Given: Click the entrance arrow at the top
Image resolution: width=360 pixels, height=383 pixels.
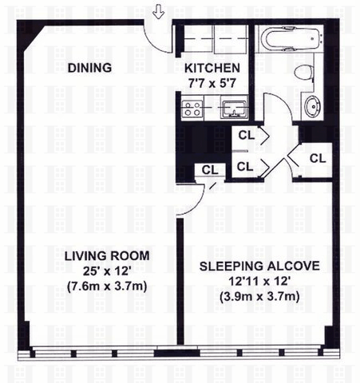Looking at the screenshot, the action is pos(159,13).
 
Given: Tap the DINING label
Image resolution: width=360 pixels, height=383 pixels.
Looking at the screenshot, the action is pos(89,68).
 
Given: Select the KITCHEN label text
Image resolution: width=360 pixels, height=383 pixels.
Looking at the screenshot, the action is pos(212,68).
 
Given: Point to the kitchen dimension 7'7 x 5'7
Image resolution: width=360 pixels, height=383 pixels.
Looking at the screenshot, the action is pos(212,84).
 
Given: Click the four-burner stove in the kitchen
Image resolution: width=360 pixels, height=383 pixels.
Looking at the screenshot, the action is pos(192,109).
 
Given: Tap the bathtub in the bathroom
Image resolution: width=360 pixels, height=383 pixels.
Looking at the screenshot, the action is pos(291,38).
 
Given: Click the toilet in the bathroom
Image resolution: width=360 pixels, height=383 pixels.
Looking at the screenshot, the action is pos(303,73).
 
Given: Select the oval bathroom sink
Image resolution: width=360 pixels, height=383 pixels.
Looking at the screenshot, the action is pos(312,106).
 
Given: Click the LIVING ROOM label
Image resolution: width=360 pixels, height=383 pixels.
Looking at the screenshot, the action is pos(107,256).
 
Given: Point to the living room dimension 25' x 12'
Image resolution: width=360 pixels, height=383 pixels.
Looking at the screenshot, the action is pos(107,271).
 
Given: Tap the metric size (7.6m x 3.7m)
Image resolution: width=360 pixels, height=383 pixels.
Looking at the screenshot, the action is pos(107,286).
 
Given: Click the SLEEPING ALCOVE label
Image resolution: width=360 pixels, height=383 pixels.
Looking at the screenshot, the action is pos(259,266).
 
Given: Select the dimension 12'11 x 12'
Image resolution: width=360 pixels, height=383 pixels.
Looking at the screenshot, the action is pos(259,281).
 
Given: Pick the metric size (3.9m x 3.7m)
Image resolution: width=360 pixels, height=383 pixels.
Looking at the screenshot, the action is pos(259,296).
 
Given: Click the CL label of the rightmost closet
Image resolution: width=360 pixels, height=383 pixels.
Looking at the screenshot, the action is pos(318,159).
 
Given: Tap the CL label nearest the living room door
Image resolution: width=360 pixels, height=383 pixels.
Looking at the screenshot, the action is pos(210,170).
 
